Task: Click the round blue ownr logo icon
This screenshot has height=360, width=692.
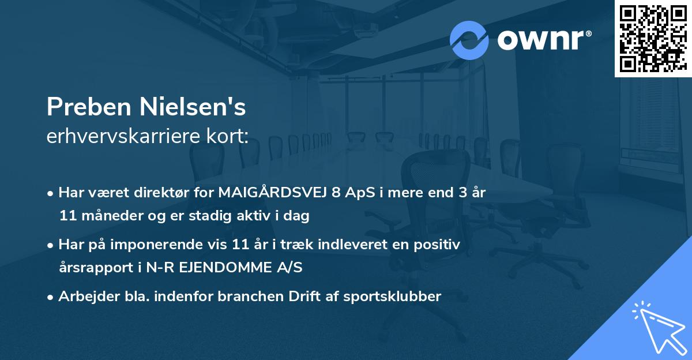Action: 469,40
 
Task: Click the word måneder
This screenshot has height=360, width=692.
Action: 102,216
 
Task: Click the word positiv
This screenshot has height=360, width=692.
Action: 439,245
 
